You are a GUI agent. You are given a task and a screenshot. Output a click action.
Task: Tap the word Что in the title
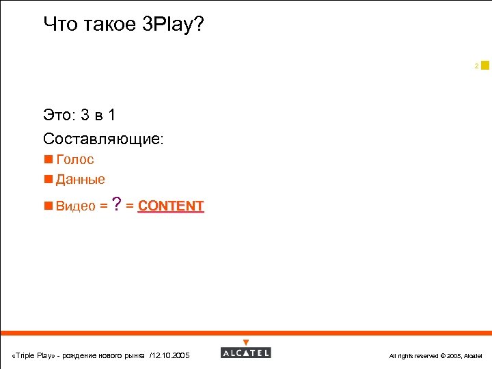pos(59,25)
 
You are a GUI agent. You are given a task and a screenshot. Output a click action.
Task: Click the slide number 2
pos(476,66)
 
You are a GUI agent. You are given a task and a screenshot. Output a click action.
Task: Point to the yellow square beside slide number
pos(485,65)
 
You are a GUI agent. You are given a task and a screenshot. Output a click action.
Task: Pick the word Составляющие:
pos(103,139)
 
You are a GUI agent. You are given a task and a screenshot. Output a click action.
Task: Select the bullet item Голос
pos(75,160)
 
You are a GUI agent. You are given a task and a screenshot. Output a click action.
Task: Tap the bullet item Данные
pos(81,180)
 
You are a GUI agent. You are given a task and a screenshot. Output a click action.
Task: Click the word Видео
pos(75,206)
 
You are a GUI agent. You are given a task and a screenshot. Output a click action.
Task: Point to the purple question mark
pos(118,204)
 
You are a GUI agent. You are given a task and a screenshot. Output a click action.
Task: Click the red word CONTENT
pos(171,206)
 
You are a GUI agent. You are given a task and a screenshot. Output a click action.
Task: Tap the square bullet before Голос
pos(48,160)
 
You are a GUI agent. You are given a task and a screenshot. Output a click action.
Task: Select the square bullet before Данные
pos(48,180)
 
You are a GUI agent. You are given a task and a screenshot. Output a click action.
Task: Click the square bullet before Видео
pos(48,206)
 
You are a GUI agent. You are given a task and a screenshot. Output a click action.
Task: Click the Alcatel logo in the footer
pos(246,353)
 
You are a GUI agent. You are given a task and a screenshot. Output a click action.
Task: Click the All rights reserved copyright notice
pos(435,356)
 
